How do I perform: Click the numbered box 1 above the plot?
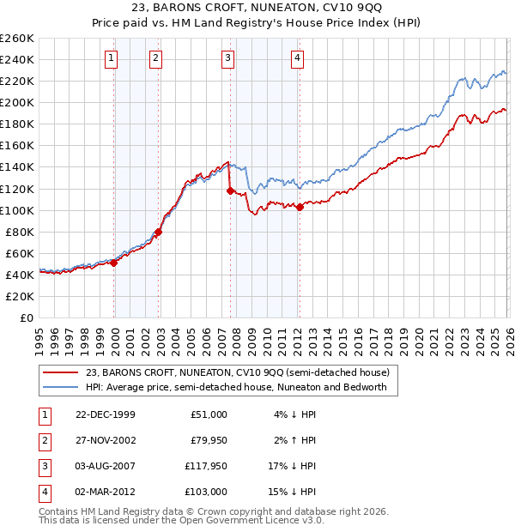point(113,58)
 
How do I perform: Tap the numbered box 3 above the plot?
point(227,58)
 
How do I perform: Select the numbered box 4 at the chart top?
point(297,58)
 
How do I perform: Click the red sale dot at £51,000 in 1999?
point(114,263)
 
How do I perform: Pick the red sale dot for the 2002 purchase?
point(159,232)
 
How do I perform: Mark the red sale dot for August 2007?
point(230,190)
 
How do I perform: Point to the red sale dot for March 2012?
point(300,207)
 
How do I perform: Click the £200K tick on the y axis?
point(17,102)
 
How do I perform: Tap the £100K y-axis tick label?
point(17,210)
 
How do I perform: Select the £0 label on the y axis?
point(25,317)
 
